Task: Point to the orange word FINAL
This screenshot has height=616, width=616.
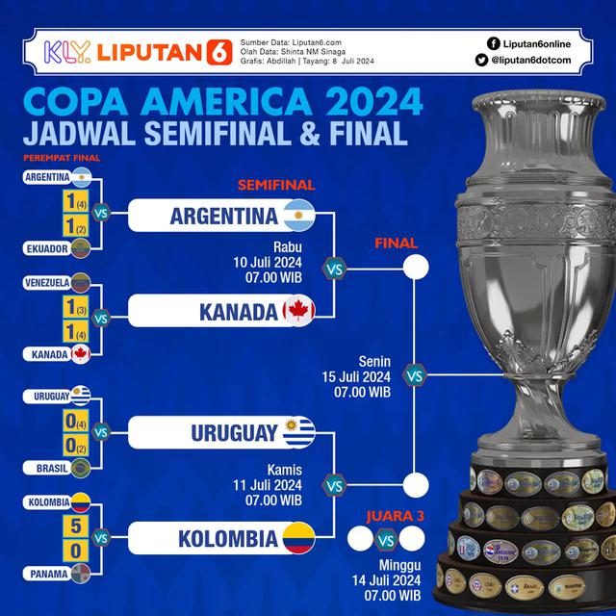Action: click(396, 243)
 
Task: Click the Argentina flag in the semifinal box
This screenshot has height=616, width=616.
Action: click(299, 216)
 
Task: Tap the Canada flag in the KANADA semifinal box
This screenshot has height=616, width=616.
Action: click(299, 312)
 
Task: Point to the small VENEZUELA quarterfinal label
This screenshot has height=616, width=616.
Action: click(45, 282)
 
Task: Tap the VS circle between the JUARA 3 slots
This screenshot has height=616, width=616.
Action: click(384, 538)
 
